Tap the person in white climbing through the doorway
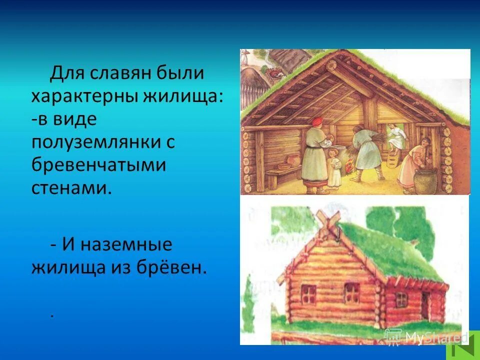point(395,135)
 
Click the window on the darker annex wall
point(401,298)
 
